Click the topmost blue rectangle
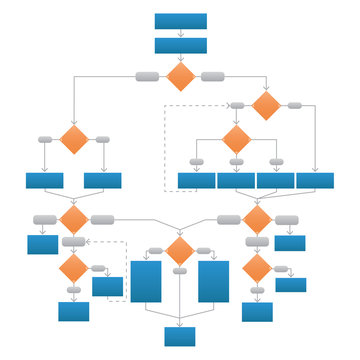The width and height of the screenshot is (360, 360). (x=181, y=21)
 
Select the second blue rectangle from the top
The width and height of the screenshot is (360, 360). (x=181, y=45)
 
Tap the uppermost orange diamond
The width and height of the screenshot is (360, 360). (x=180, y=77)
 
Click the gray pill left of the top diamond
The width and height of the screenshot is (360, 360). (x=146, y=76)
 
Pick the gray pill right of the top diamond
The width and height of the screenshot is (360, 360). (x=212, y=76)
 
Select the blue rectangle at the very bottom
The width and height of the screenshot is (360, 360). (x=181, y=336)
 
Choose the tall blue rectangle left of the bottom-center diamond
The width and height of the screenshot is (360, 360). (x=146, y=281)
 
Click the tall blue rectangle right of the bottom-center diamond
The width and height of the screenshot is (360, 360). (x=213, y=281)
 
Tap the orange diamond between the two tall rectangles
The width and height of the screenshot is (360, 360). (x=179, y=251)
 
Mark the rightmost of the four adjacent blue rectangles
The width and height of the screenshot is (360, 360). (x=315, y=181)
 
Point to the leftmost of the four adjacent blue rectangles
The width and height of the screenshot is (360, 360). (x=197, y=181)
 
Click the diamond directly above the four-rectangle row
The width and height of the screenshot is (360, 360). (x=235, y=139)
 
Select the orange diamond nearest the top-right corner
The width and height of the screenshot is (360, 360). (x=266, y=105)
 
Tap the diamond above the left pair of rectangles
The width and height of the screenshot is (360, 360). (x=74, y=139)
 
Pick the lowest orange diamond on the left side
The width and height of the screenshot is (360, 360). (x=74, y=268)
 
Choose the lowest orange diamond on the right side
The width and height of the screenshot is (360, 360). (x=257, y=267)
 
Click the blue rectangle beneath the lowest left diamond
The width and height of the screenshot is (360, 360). (x=74, y=311)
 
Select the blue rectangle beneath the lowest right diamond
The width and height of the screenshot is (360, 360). (x=257, y=311)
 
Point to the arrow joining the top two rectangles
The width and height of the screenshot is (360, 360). (x=181, y=33)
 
